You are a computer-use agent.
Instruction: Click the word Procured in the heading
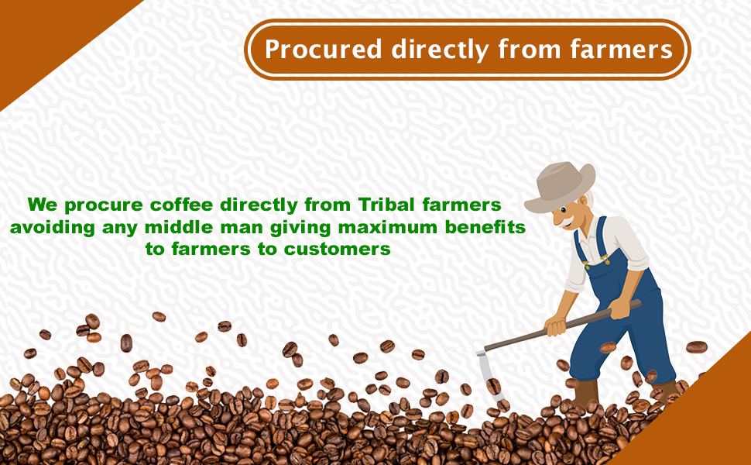[323, 50]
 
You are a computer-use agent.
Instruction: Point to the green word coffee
[180, 205]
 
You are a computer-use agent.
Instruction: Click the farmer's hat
[559, 186]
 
